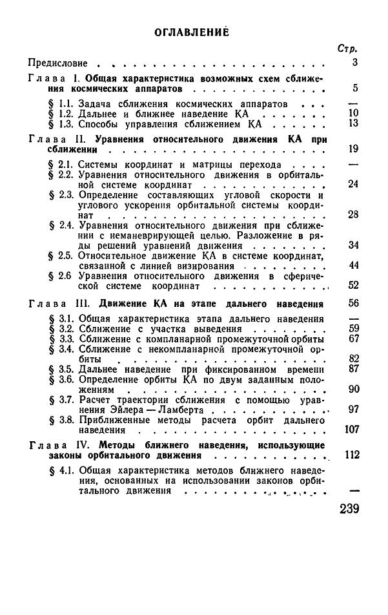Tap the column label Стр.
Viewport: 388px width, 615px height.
(348, 49)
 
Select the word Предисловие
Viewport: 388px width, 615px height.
(57, 63)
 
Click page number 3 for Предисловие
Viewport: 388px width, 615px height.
(354, 63)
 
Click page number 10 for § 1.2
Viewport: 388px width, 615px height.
(352, 112)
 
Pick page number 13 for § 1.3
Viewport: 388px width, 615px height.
(352, 123)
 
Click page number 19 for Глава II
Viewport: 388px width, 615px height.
(352, 149)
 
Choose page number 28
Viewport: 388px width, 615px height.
(352, 214)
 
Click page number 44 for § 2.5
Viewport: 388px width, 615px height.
(352, 265)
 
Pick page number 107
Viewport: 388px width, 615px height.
(350, 429)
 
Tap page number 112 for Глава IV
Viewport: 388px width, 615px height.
(350, 455)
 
